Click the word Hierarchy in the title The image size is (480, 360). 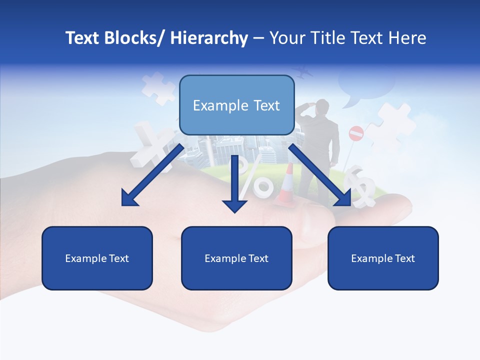point(209,38)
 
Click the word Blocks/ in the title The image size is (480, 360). point(133,38)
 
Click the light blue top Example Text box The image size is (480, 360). point(236,105)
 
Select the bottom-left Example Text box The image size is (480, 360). point(97,258)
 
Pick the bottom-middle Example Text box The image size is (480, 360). point(236,258)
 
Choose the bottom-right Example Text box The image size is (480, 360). point(383,258)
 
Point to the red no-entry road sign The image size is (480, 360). point(355,133)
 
